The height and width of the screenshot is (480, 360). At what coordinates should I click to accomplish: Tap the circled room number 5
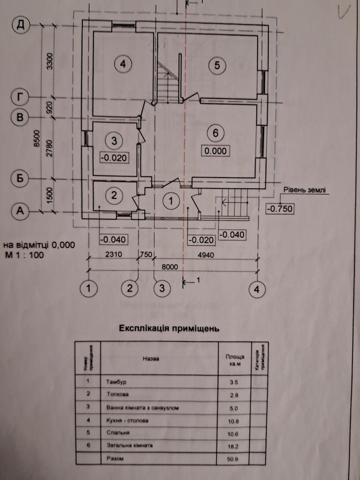(217, 66)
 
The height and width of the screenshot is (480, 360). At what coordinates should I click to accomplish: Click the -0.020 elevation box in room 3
(114, 158)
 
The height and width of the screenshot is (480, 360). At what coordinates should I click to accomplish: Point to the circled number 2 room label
(114, 196)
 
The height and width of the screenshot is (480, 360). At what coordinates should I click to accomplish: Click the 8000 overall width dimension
(170, 266)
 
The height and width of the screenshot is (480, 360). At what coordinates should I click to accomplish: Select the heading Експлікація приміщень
(169, 329)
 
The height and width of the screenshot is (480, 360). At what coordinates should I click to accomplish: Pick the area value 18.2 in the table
(234, 445)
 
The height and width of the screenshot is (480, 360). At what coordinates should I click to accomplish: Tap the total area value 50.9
(234, 459)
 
